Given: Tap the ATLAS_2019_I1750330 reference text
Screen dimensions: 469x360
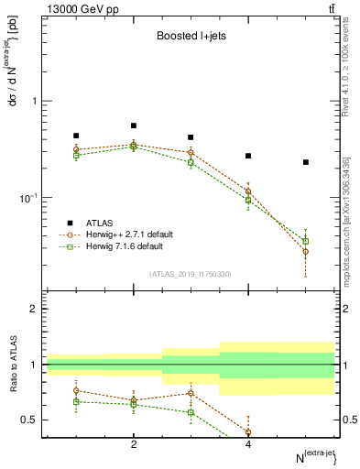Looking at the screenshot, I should point(191,273).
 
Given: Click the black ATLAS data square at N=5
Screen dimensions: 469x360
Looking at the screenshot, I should point(306,162).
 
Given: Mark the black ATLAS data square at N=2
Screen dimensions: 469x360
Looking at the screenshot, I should point(134,125).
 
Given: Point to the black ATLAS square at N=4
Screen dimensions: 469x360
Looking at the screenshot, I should point(248,156).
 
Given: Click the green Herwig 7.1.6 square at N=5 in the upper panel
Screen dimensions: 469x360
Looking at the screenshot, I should point(306,241).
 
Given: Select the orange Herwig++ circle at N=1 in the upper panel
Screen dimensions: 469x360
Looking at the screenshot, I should point(76,149).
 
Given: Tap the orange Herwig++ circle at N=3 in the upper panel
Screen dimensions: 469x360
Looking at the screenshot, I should point(191,152).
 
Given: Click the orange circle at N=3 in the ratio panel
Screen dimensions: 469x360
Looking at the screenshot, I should point(191,393).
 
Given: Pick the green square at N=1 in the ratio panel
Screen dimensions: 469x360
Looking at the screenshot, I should point(76,401).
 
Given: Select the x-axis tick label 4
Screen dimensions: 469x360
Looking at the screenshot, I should point(248,444).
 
